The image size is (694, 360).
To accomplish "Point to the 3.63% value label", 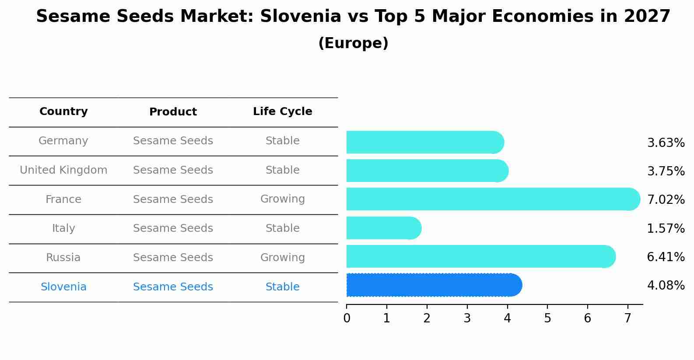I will [x=666, y=143].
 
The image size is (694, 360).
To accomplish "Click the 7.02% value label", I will [x=666, y=199].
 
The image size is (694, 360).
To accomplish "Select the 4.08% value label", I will [x=666, y=286].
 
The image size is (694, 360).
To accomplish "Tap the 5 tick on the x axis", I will [x=547, y=318].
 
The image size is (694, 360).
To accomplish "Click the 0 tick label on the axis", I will [x=347, y=318].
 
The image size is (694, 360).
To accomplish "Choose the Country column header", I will [x=63, y=112].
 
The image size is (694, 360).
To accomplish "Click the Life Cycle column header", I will [x=282, y=112].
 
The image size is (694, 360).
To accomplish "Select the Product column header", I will [x=173, y=112].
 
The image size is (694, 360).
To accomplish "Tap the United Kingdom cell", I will [x=63, y=170].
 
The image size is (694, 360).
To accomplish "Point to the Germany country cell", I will [x=63, y=141].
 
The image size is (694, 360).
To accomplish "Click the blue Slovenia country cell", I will [x=63, y=287].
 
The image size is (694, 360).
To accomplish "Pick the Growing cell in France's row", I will [x=282, y=199].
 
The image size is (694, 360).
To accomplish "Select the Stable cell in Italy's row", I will [x=282, y=228].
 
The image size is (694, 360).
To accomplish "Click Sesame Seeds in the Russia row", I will [x=173, y=258].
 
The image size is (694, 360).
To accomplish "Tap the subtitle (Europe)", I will [x=353, y=43].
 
